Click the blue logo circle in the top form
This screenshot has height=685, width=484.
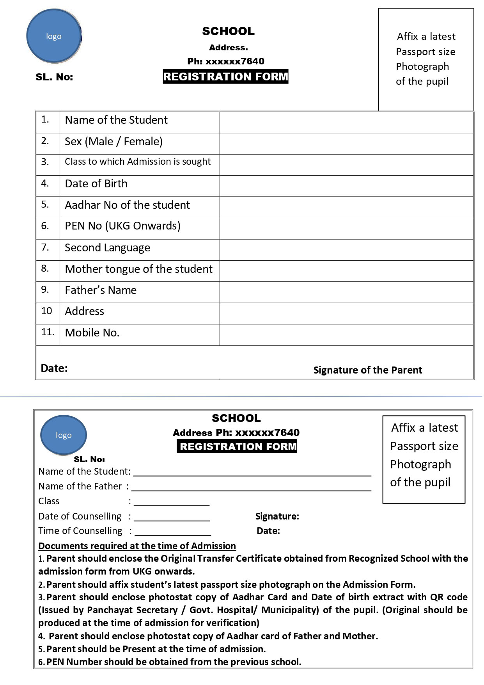click(x=54, y=36)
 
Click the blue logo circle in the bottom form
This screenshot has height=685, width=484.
click(x=64, y=435)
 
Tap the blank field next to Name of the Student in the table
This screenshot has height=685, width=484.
click(x=346, y=122)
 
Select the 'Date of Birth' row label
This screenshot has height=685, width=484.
click(x=96, y=183)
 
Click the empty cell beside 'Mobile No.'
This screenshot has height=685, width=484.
click(x=346, y=334)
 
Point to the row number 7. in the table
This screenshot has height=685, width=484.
click(x=45, y=247)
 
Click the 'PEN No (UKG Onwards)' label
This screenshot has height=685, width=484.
click(x=122, y=226)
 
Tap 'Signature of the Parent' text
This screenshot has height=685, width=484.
click(x=367, y=370)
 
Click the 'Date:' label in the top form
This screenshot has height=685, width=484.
click(x=54, y=368)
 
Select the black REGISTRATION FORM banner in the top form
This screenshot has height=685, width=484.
click(x=225, y=77)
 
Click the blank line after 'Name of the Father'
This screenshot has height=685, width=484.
click(x=251, y=487)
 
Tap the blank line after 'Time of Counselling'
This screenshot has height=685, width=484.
click(x=172, y=532)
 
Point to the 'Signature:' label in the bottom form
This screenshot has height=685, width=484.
click(x=277, y=516)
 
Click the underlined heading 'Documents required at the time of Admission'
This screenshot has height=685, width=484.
click(x=137, y=546)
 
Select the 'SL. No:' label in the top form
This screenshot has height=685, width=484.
click(x=54, y=77)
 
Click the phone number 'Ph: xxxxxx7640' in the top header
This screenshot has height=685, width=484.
click(x=225, y=61)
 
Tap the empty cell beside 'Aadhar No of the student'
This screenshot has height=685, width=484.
click(x=346, y=207)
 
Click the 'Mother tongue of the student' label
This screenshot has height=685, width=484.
click(x=138, y=269)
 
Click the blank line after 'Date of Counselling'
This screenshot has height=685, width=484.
click(x=172, y=517)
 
